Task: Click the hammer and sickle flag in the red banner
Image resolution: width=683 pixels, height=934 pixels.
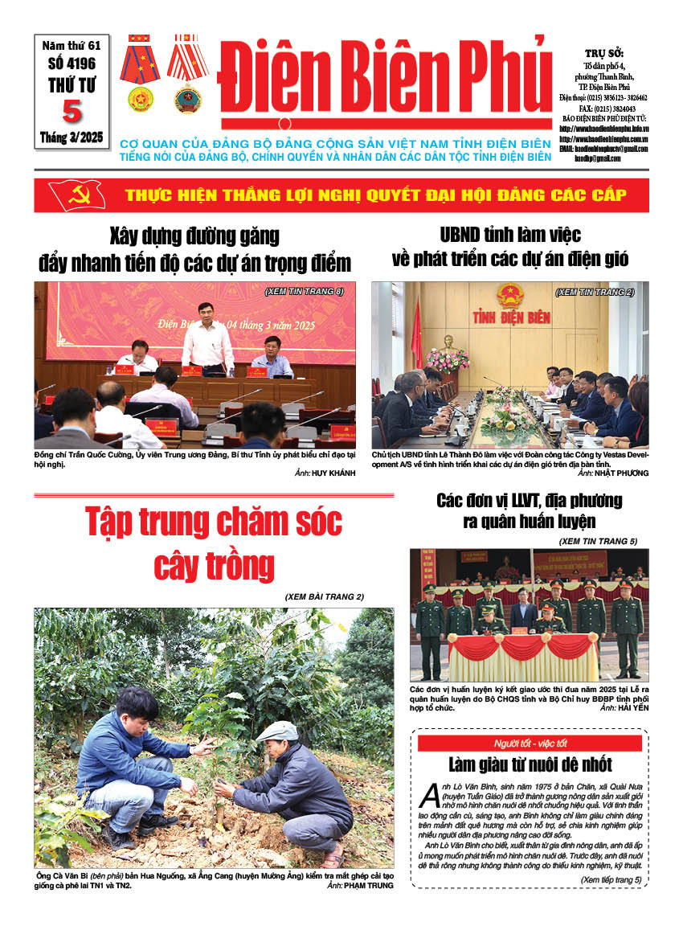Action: pos(77,195)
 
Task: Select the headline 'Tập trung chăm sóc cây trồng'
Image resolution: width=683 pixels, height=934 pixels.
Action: pos(214,543)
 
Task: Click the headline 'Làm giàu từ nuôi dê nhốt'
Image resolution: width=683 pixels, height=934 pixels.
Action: pos(530,764)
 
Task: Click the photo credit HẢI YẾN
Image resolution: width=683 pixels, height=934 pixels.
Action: pos(628,708)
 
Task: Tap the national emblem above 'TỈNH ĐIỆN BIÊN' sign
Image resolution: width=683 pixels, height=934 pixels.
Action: pos(509,296)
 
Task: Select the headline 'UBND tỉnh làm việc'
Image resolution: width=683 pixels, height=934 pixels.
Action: pos(509,236)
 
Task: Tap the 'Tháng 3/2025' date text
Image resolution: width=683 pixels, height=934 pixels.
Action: pos(72,138)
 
